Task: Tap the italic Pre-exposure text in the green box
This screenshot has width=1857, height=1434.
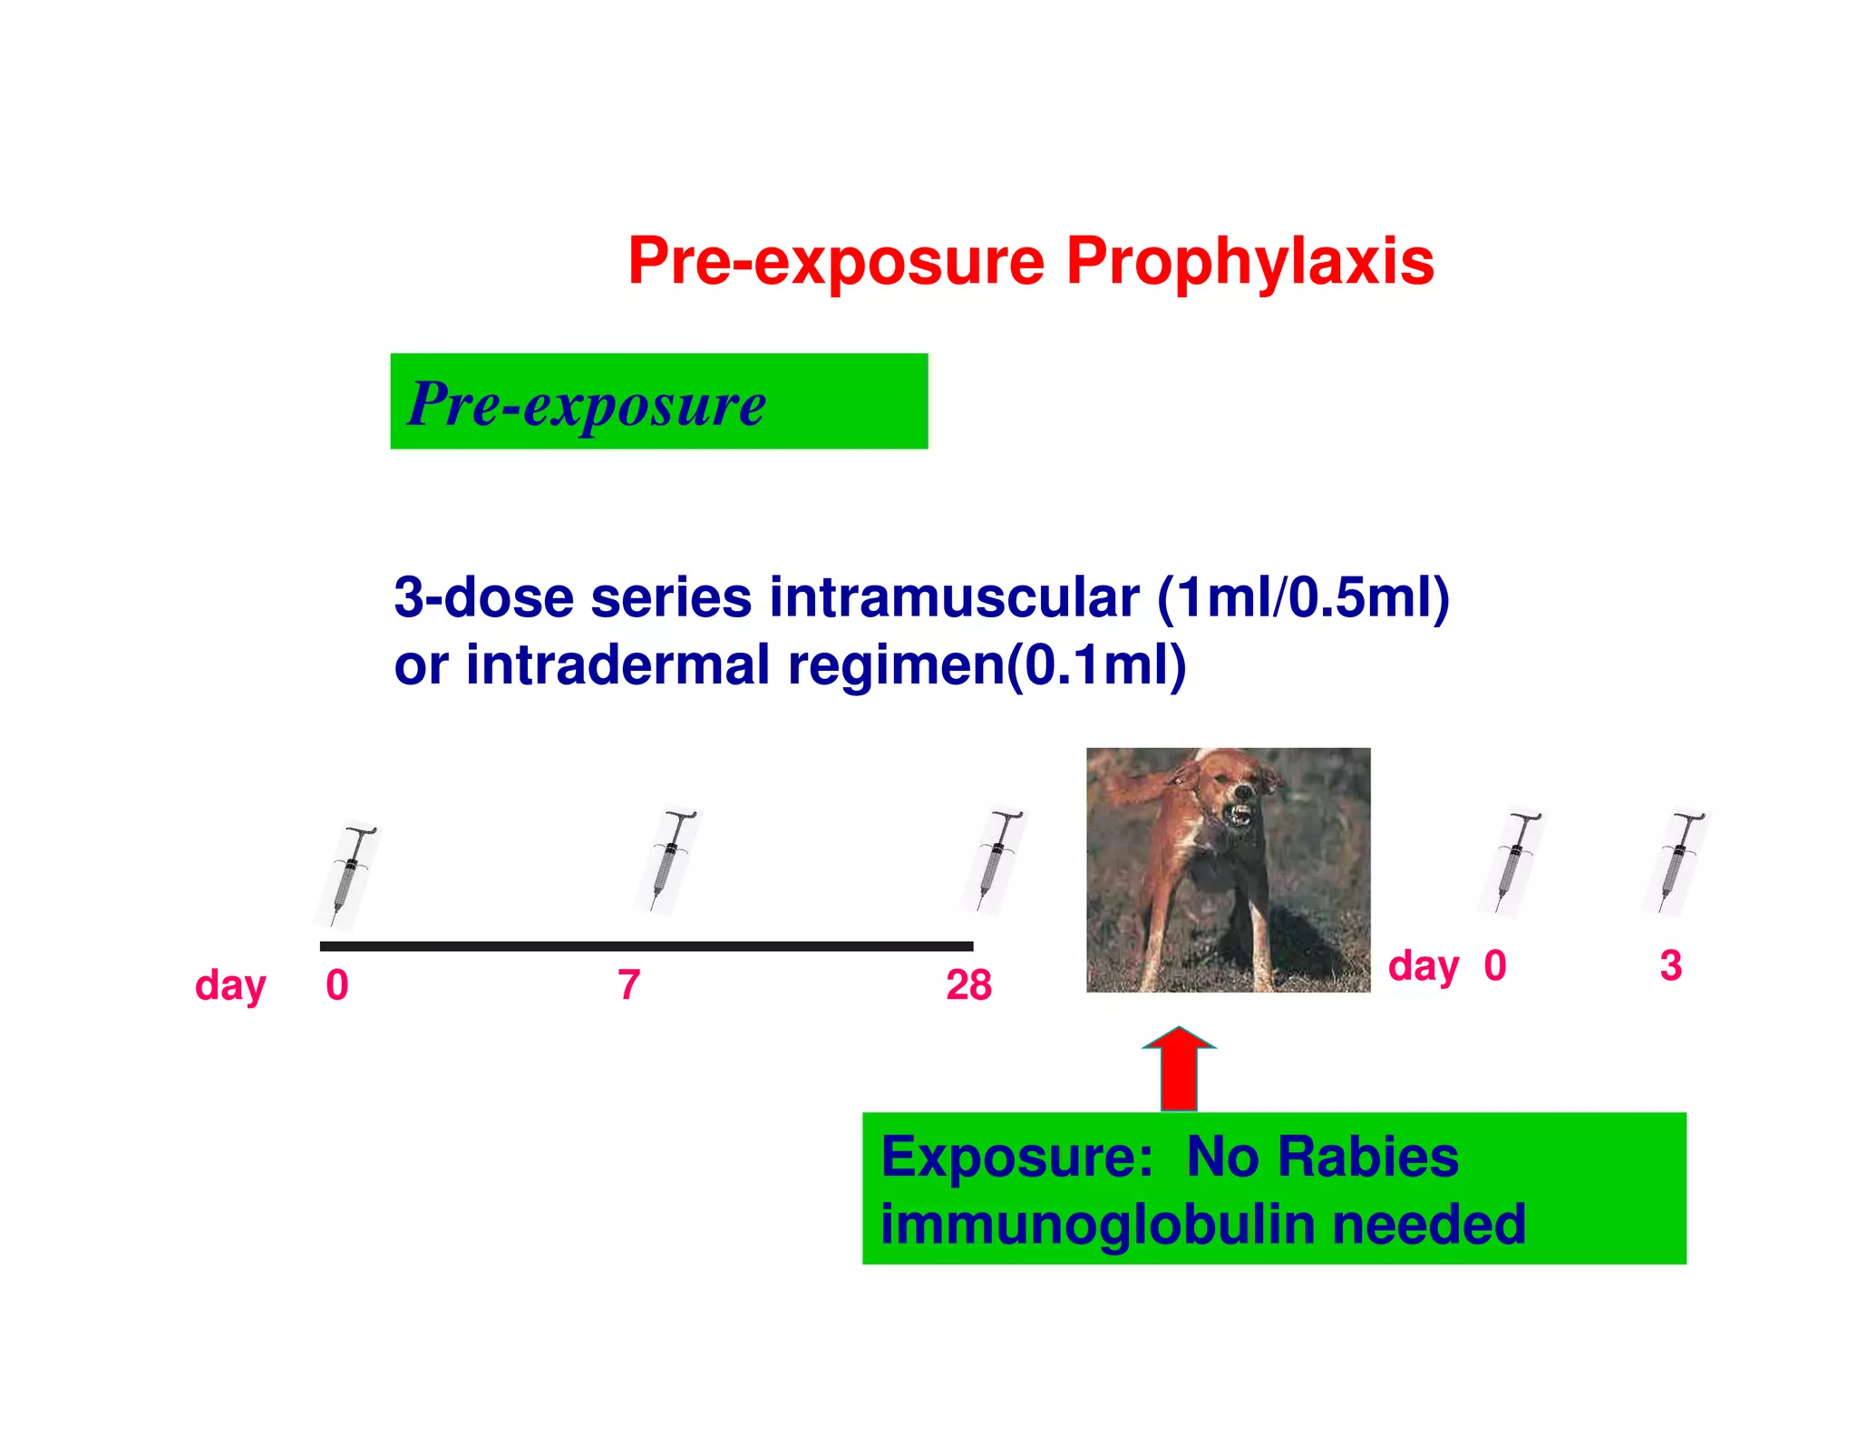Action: [587, 404]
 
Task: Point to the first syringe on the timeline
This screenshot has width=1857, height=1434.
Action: [348, 876]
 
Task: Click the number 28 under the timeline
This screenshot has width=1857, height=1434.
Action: [968, 985]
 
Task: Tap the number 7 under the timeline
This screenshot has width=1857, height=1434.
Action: [629, 985]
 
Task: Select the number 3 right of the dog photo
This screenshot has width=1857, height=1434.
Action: [1670, 965]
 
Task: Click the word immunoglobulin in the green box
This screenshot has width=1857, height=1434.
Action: [1097, 1225]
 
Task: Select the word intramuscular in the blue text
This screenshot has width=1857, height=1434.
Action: [954, 598]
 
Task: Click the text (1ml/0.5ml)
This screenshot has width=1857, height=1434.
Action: [1303, 598]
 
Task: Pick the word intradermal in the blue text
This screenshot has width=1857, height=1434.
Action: [617, 665]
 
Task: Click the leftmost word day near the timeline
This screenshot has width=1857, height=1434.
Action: [230, 986]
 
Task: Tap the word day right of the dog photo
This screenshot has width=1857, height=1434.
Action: [1424, 967]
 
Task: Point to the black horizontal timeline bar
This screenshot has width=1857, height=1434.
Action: [646, 946]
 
